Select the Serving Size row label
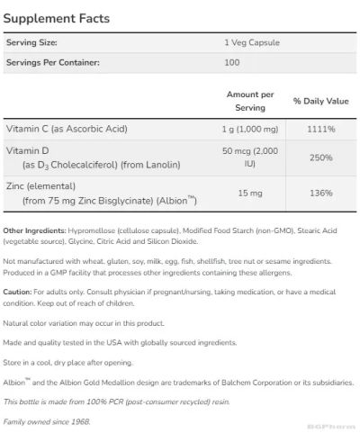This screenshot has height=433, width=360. [x=31, y=43]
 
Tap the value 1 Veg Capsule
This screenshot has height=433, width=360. [x=244, y=43]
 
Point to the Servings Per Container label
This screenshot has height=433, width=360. [x=52, y=62]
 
